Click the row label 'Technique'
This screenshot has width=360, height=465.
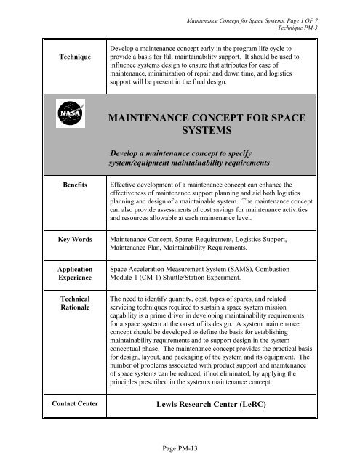pos(69,75)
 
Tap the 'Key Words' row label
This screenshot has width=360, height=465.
pos(69,237)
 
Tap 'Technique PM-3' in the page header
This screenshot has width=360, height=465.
pos(320,15)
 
